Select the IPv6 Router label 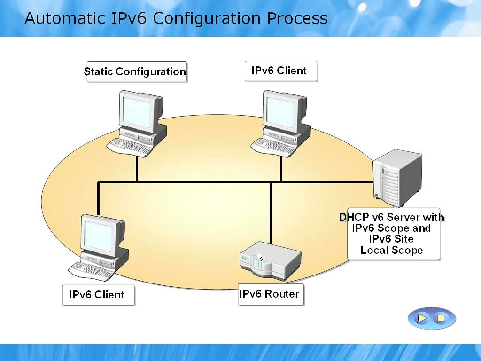(x=270, y=294)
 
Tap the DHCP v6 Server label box (x=393, y=234)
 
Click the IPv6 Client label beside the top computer (x=280, y=71)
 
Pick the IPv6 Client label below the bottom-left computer (x=98, y=295)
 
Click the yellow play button (x=422, y=318)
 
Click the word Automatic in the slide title (x=65, y=18)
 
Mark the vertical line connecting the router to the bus (x=271, y=212)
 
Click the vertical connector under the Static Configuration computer (x=137, y=168)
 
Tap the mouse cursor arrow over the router (x=260, y=257)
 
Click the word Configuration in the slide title (x=207, y=18)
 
